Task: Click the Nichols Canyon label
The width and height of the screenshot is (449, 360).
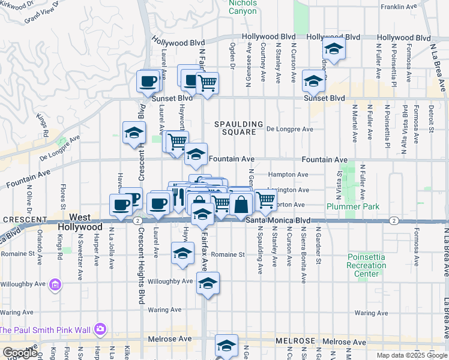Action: [x=243, y=7]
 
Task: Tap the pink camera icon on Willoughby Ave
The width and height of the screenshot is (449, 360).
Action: [x=55, y=283]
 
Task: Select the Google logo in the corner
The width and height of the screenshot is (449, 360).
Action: [x=20, y=353]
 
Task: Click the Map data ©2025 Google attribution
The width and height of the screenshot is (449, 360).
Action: [x=412, y=355]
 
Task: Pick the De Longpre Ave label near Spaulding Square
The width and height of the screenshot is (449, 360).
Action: [x=290, y=129]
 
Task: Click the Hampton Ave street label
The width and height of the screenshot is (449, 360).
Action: [x=289, y=175]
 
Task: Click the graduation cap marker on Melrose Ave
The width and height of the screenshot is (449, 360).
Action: [x=226, y=347]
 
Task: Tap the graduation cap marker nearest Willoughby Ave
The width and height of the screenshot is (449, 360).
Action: [x=208, y=284]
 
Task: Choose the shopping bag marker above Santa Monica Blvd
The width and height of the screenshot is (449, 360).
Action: [x=241, y=205]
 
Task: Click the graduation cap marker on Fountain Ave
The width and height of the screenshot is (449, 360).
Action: [x=196, y=155]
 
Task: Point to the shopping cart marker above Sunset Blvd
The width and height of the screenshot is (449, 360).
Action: [x=207, y=83]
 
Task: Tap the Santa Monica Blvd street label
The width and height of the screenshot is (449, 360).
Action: [x=278, y=221]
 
